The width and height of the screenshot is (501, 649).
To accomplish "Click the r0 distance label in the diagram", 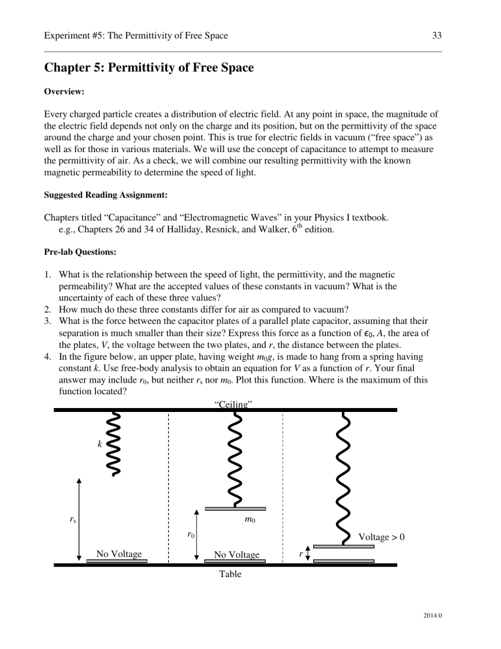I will (189, 535).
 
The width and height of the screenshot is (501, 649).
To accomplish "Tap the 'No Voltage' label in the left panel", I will (119, 554).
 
